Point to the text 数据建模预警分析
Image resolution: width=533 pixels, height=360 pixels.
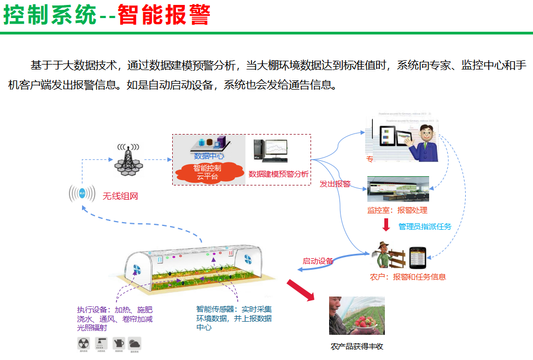pyautogui.click(x=279, y=174)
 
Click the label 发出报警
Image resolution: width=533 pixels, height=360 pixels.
pyautogui.click(x=335, y=184)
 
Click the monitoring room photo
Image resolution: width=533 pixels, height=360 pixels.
pyautogui.click(x=398, y=189)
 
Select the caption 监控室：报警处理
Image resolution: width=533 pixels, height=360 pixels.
pyautogui.click(x=397, y=210)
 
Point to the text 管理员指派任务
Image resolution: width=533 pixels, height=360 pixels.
pyautogui.click(x=425, y=227)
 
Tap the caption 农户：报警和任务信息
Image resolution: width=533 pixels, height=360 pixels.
pyautogui.click(x=408, y=277)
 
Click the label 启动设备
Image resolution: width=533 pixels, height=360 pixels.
pyautogui.click(x=318, y=261)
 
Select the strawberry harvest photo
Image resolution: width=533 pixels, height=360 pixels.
pyautogui.click(x=356, y=316)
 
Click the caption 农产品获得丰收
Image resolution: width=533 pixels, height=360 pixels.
pyautogui.click(x=357, y=346)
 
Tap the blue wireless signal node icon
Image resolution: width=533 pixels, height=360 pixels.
pyautogui.click(x=82, y=194)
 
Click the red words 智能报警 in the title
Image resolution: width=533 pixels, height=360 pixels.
pyautogui.click(x=164, y=15)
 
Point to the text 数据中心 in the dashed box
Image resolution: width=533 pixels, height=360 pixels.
pyautogui.click(x=209, y=156)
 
